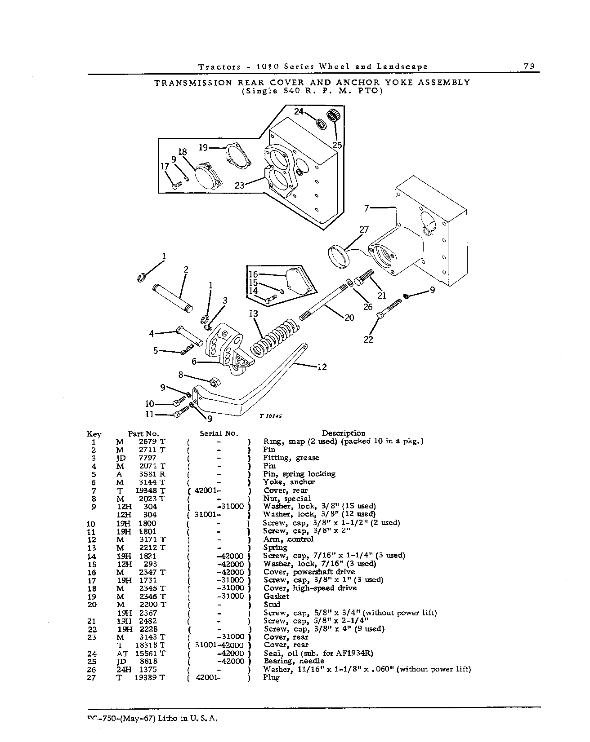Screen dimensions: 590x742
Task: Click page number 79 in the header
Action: [529, 66]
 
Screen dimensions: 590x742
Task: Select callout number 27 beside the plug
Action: [363, 230]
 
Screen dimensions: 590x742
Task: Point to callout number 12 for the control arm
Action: [322, 367]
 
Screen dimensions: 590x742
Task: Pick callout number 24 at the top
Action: [299, 111]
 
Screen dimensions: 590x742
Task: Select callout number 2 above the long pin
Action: [186, 269]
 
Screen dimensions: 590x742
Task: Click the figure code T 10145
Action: [270, 416]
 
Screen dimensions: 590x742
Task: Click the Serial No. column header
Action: [219, 433]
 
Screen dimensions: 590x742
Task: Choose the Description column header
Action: [344, 433]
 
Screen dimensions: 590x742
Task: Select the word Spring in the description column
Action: [275, 548]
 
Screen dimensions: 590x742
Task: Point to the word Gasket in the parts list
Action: [276, 596]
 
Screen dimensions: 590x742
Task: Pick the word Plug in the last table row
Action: [271, 678]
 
